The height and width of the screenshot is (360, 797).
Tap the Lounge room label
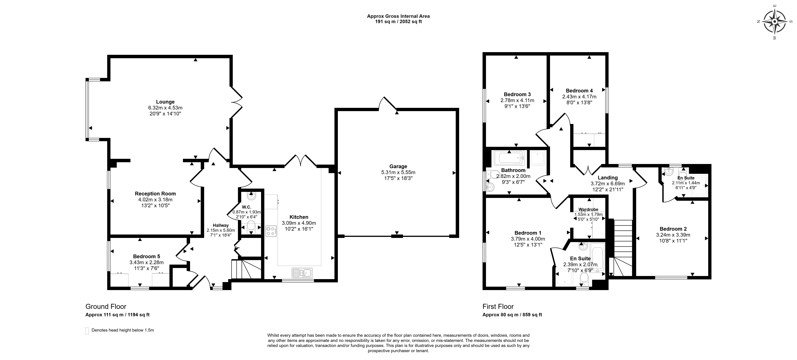pos(165,102)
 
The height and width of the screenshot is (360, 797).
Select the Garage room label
pos(398,166)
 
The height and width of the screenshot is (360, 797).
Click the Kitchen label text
pos(299,217)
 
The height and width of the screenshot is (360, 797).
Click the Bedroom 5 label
pos(147,256)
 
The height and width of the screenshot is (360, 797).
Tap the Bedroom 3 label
pos(517,94)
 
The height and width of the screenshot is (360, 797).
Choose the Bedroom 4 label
pos(579,91)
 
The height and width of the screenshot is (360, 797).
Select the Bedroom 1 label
pos(528,233)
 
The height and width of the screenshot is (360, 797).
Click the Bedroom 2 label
pos(673,229)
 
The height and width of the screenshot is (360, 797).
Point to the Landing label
pos(608,178)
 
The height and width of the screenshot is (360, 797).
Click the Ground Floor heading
pos(106,307)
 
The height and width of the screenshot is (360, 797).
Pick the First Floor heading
pos(498,307)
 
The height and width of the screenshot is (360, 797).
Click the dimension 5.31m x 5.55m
pos(398,172)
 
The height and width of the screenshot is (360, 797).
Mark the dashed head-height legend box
pos(87,331)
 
